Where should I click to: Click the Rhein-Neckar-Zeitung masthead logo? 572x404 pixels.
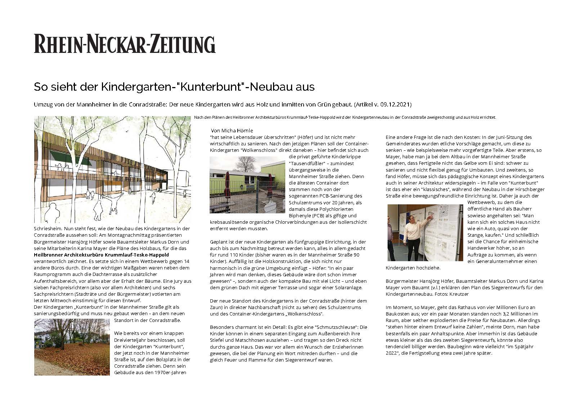click(x=125, y=44)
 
